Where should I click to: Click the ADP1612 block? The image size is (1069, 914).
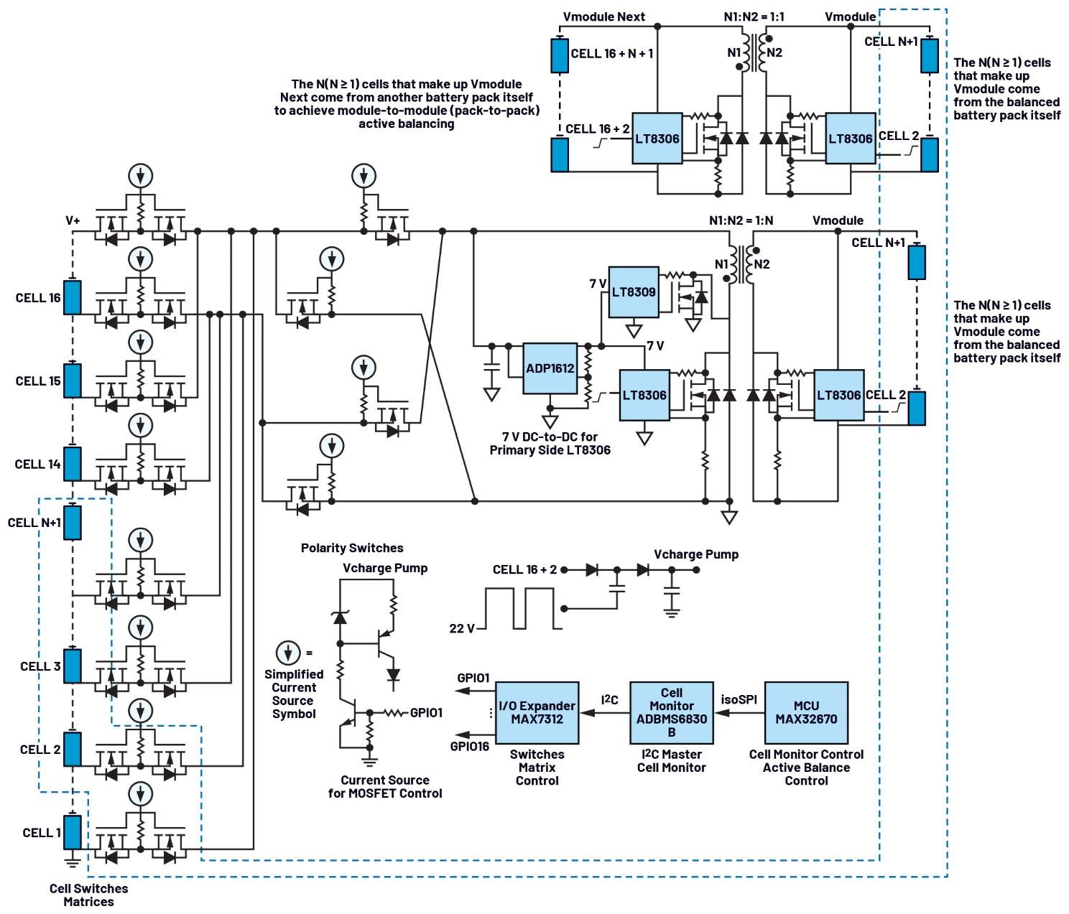(550, 368)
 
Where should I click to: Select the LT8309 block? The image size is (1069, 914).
(633, 292)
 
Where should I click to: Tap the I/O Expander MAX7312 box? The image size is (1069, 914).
(537, 712)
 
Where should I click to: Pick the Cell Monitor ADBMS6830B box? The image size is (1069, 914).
(671, 712)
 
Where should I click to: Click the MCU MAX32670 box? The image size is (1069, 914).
(806, 712)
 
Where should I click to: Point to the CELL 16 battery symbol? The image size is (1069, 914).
(73, 297)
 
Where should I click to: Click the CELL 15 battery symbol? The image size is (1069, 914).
(73, 381)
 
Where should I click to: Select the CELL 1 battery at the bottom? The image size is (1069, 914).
(73, 832)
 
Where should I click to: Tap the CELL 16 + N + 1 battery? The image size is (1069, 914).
(560, 55)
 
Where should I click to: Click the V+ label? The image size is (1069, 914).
(73, 220)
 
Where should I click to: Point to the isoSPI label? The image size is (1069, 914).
(739, 699)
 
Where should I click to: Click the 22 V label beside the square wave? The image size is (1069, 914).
(462, 628)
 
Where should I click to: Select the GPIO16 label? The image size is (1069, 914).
(470, 746)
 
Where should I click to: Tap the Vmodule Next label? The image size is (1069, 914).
(603, 17)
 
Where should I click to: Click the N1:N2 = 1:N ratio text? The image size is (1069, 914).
(741, 220)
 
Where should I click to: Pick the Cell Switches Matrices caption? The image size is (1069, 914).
(88, 895)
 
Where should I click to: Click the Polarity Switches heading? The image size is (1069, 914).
(352, 548)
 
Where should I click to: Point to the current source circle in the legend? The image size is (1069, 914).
(288, 653)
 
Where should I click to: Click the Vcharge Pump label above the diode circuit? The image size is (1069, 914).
(695, 554)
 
